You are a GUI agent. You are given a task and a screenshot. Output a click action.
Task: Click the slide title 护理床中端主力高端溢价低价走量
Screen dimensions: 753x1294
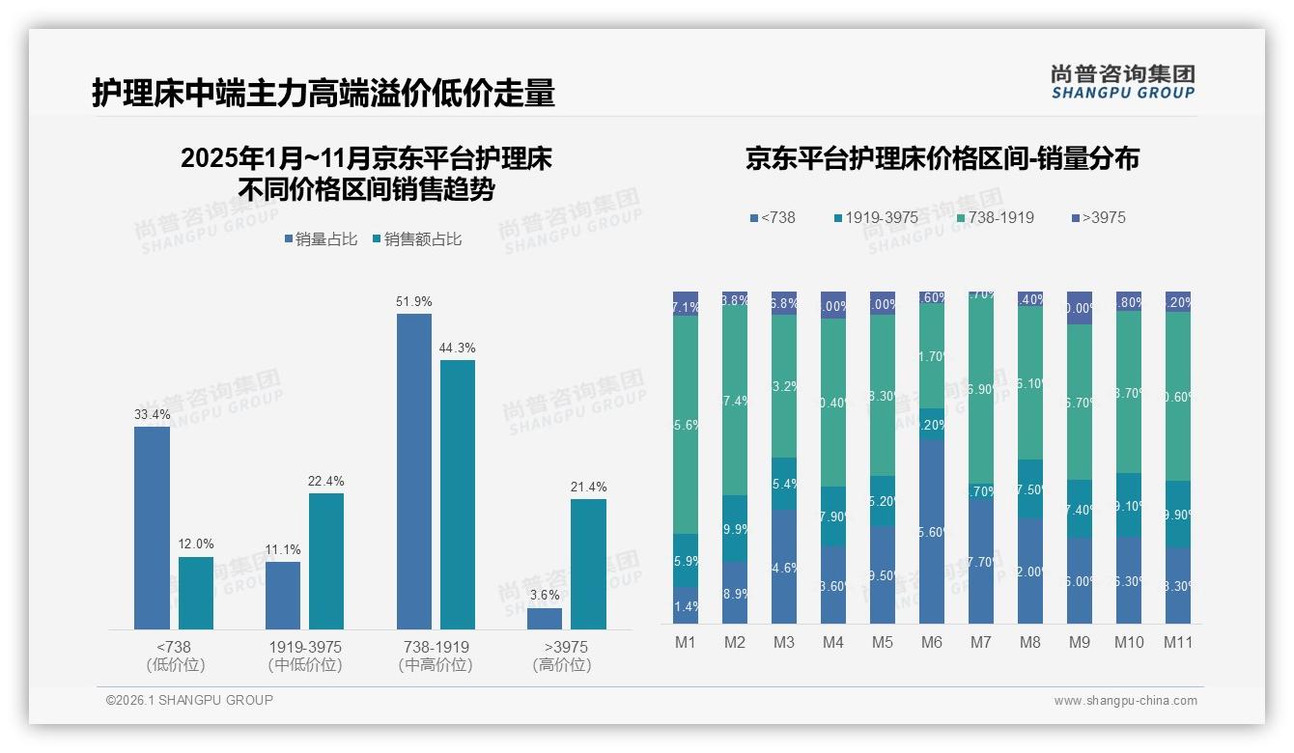[x=323, y=93]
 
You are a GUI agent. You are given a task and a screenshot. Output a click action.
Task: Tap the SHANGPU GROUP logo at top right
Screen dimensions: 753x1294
[x=1122, y=81]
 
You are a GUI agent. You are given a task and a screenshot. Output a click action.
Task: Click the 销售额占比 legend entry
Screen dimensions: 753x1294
[x=416, y=239]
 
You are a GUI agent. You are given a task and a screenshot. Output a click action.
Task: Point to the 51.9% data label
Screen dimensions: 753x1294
[x=413, y=301]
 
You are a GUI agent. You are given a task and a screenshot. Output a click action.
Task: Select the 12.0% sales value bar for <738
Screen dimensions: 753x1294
[x=196, y=593]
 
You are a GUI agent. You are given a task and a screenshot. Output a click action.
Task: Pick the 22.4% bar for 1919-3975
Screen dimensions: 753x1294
[x=326, y=561]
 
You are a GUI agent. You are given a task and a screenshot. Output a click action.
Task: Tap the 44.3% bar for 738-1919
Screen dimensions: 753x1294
[x=458, y=494]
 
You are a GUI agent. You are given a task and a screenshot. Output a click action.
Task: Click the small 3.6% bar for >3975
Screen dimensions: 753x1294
[x=545, y=618]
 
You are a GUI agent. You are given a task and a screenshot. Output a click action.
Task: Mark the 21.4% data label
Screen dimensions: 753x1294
[x=588, y=487]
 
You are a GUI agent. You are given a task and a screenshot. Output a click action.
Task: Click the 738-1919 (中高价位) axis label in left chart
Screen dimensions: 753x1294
[x=436, y=655]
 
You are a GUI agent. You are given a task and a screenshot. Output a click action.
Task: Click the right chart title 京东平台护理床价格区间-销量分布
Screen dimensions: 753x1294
[x=942, y=159]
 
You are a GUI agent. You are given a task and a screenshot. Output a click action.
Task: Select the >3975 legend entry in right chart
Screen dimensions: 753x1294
[x=1098, y=217]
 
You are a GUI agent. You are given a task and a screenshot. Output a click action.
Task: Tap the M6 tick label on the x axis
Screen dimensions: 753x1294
[x=931, y=642]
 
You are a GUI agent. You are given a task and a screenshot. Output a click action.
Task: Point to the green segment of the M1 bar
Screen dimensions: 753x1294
[x=686, y=425]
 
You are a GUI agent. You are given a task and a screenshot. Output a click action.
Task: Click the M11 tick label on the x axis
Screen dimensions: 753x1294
[x=1177, y=642]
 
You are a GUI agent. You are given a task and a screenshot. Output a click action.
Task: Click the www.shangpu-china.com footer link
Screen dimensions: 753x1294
[x=1125, y=701]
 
